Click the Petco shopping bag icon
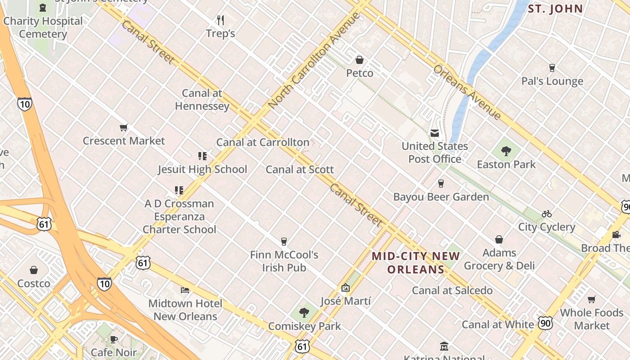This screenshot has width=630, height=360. [360, 60]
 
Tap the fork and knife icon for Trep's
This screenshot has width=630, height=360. [220, 20]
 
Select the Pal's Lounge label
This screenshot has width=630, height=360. [552, 81]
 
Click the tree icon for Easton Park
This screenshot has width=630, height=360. [506, 151]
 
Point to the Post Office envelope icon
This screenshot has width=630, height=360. [435, 133]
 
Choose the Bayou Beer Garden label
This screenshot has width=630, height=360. [441, 197]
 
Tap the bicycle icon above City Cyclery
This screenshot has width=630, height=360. [547, 214]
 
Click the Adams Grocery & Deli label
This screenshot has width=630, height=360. [499, 259]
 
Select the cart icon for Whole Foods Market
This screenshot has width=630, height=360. [592, 300]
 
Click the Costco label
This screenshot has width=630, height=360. [34, 283]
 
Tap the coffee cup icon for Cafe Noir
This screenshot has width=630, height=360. [114, 339]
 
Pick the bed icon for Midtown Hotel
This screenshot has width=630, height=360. [185, 290]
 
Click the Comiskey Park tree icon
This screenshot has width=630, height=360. [305, 313]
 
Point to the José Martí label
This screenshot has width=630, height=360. [346, 301]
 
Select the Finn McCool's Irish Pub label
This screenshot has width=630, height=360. [284, 261]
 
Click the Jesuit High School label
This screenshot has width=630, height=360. [202, 170]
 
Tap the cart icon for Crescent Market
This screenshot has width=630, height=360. [124, 128]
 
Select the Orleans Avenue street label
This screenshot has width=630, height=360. [467, 93]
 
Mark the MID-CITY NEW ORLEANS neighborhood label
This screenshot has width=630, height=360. [416, 263]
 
